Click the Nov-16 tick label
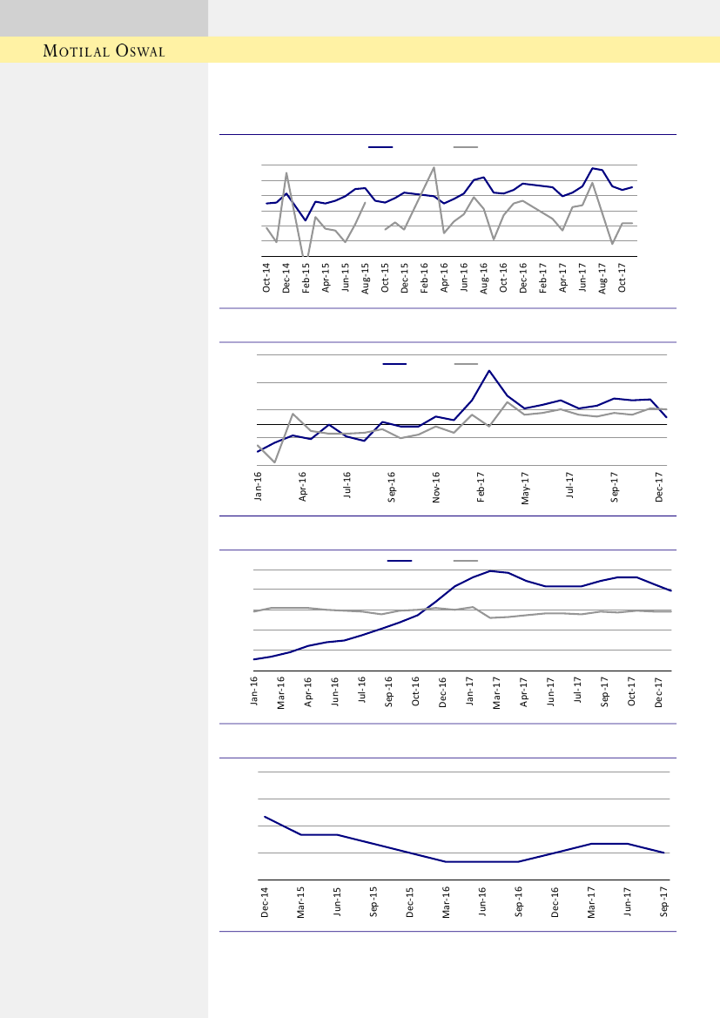coord(436,487)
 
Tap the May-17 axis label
coord(526,487)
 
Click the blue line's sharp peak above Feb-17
coord(489,371)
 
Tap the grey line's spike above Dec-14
coord(286,173)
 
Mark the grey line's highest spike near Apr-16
coord(434,167)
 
